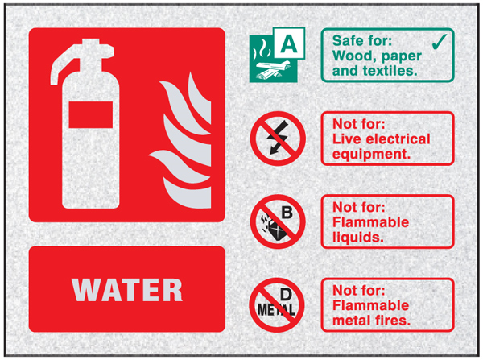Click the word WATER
[x=127, y=290]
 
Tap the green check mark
[x=440, y=42]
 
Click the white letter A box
[x=289, y=43]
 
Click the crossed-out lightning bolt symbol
[x=278, y=139]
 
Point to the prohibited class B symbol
[x=278, y=221]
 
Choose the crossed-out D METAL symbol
[x=277, y=304]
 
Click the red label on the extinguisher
[x=90, y=114]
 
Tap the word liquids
[x=358, y=238]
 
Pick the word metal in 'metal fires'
[x=350, y=321]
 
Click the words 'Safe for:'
[x=362, y=41]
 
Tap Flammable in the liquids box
[x=371, y=222]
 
